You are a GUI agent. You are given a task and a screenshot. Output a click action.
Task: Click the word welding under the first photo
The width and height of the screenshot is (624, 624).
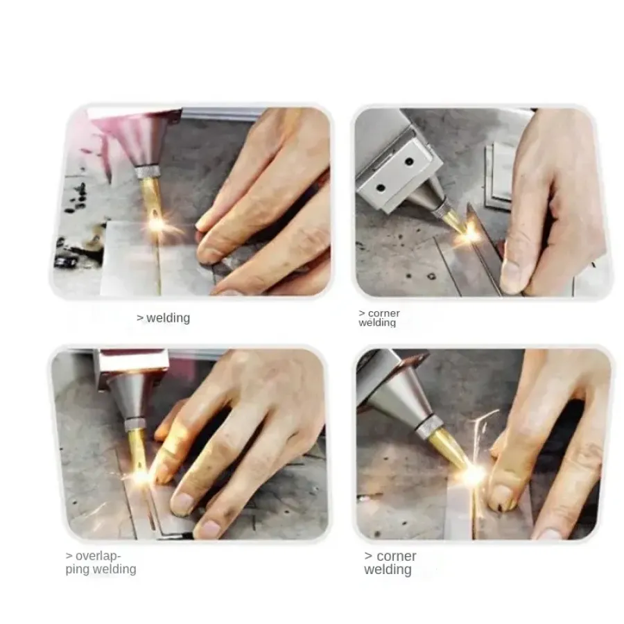pos(168,318)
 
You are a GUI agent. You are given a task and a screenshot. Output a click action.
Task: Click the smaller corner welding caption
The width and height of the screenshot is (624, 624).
pos(379,318)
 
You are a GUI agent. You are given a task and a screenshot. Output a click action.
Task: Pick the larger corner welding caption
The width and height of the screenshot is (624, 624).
pos(390,563)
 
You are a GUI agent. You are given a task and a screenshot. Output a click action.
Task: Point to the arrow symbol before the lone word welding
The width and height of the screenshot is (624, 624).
pos(140,318)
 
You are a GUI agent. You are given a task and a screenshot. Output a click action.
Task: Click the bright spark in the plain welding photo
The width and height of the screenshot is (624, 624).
pos(156,224)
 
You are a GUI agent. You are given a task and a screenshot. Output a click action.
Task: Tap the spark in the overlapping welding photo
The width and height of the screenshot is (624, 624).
pos(140,476)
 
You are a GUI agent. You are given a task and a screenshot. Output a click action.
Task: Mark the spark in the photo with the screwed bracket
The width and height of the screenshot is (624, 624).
pos(469,234)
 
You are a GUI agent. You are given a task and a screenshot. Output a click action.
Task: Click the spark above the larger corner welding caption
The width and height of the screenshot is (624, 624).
pos(474,474)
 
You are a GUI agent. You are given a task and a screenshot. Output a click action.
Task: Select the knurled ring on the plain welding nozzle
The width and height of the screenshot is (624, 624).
pos(148,172)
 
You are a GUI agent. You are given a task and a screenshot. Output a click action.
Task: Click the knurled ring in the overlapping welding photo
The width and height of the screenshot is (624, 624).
pos(137,424)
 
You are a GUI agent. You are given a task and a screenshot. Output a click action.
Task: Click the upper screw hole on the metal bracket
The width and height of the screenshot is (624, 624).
pos(409,162)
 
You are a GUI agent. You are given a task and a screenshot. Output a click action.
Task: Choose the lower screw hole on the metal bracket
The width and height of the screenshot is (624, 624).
pos(381,187)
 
